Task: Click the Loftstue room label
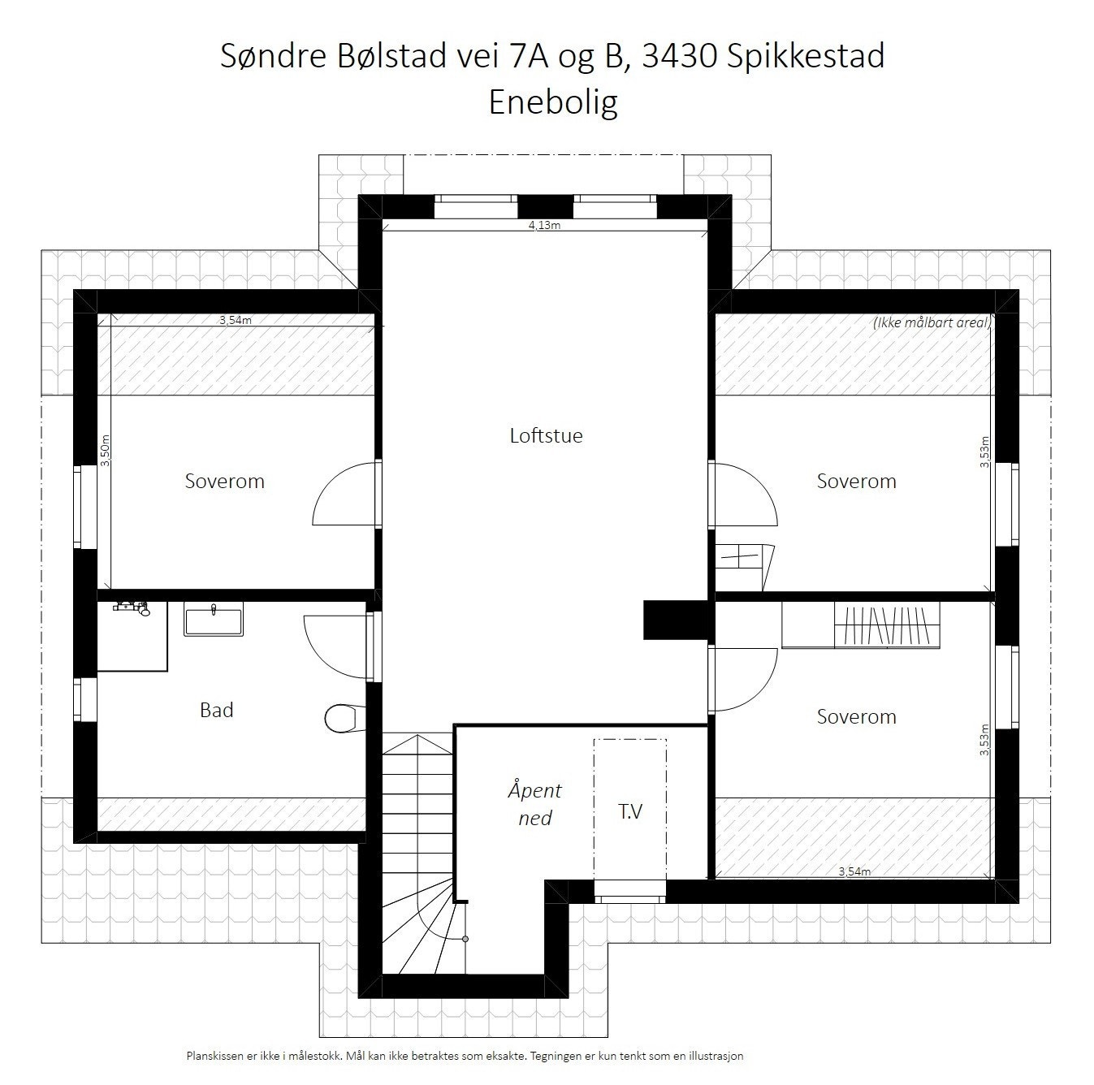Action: [546, 435]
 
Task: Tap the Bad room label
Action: [217, 710]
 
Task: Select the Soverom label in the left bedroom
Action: [225, 481]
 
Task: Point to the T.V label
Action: [630, 811]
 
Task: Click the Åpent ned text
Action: [534, 803]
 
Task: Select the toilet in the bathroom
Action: [340, 716]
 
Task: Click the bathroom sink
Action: [213, 620]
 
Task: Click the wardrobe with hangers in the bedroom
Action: [887, 626]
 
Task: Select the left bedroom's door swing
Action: [344, 494]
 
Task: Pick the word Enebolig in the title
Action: [553, 102]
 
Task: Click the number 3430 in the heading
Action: [678, 56]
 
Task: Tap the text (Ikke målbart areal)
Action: [932, 322]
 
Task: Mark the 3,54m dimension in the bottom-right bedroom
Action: [854, 871]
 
